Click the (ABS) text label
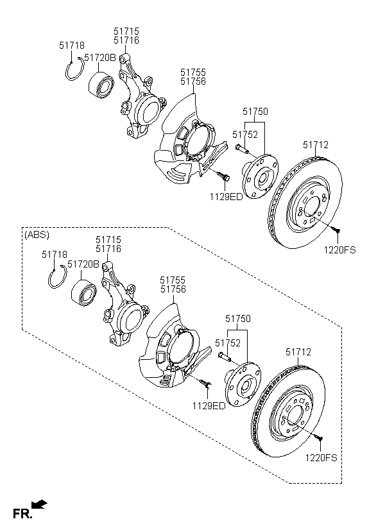point(37,235)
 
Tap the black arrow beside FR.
point(39,505)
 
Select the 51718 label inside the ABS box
point(55,255)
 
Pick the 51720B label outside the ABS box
point(99,58)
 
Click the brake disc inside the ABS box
point(288,411)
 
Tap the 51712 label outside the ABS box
point(316,145)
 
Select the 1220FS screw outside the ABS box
point(336,229)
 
